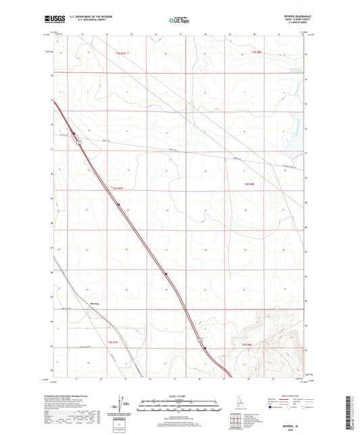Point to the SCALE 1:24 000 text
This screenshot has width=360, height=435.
coord(179,395)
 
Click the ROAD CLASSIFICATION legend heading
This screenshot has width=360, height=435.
coord(290,395)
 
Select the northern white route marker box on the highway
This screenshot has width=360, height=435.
coord(78,142)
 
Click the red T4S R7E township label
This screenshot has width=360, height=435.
coord(120,187)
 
